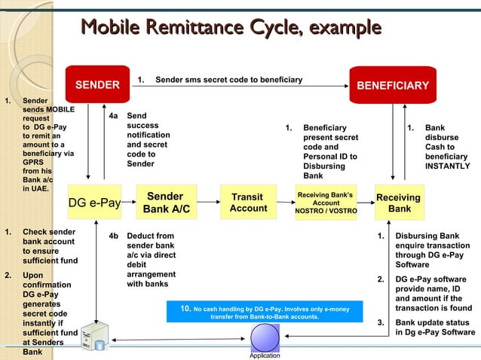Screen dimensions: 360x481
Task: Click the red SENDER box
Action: (97, 84)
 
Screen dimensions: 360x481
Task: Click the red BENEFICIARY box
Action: (392, 84)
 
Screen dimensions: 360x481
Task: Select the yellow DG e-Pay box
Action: (94, 203)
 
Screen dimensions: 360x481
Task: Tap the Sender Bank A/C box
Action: (167, 202)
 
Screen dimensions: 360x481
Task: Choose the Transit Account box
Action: (248, 203)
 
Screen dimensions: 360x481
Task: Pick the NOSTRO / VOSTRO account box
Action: (326, 203)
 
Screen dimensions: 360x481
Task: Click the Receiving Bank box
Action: (399, 203)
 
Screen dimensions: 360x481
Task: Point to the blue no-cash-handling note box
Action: (263, 313)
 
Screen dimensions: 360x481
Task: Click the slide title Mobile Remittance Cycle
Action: (231, 29)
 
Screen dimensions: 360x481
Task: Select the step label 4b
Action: (113, 236)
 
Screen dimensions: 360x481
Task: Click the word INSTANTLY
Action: (447, 166)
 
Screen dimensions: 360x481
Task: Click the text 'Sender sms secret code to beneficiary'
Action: (228, 80)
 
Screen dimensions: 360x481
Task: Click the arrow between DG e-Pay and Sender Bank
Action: (129, 203)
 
